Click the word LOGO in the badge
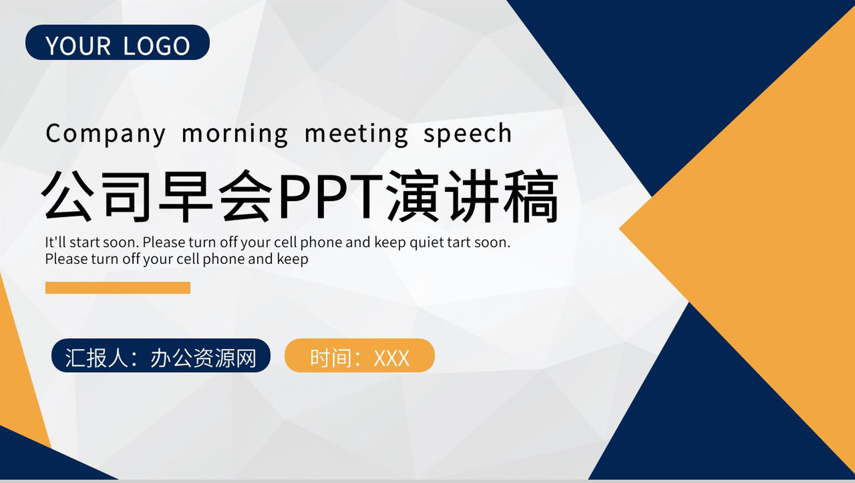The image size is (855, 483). pyautogui.click(x=156, y=46)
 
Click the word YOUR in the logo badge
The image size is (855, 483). pyautogui.click(x=78, y=46)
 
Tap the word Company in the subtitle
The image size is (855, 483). pyautogui.click(x=105, y=134)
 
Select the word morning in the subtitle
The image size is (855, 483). pyautogui.click(x=235, y=134)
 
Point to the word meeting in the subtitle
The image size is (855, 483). pyautogui.click(x=356, y=134)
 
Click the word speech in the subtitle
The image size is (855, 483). pyautogui.click(x=467, y=134)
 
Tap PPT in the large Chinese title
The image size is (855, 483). pyautogui.click(x=331, y=196)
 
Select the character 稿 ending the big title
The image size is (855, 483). pyautogui.click(x=531, y=196)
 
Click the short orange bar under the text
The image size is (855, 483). pyautogui.click(x=118, y=288)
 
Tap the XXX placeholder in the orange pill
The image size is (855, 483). pyautogui.click(x=391, y=358)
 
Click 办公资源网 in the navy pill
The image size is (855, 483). pyautogui.click(x=203, y=358)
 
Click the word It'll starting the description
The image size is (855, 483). pyautogui.click(x=56, y=242)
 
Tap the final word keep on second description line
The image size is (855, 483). pyautogui.click(x=292, y=259)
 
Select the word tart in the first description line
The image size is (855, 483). pyautogui.click(x=459, y=242)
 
